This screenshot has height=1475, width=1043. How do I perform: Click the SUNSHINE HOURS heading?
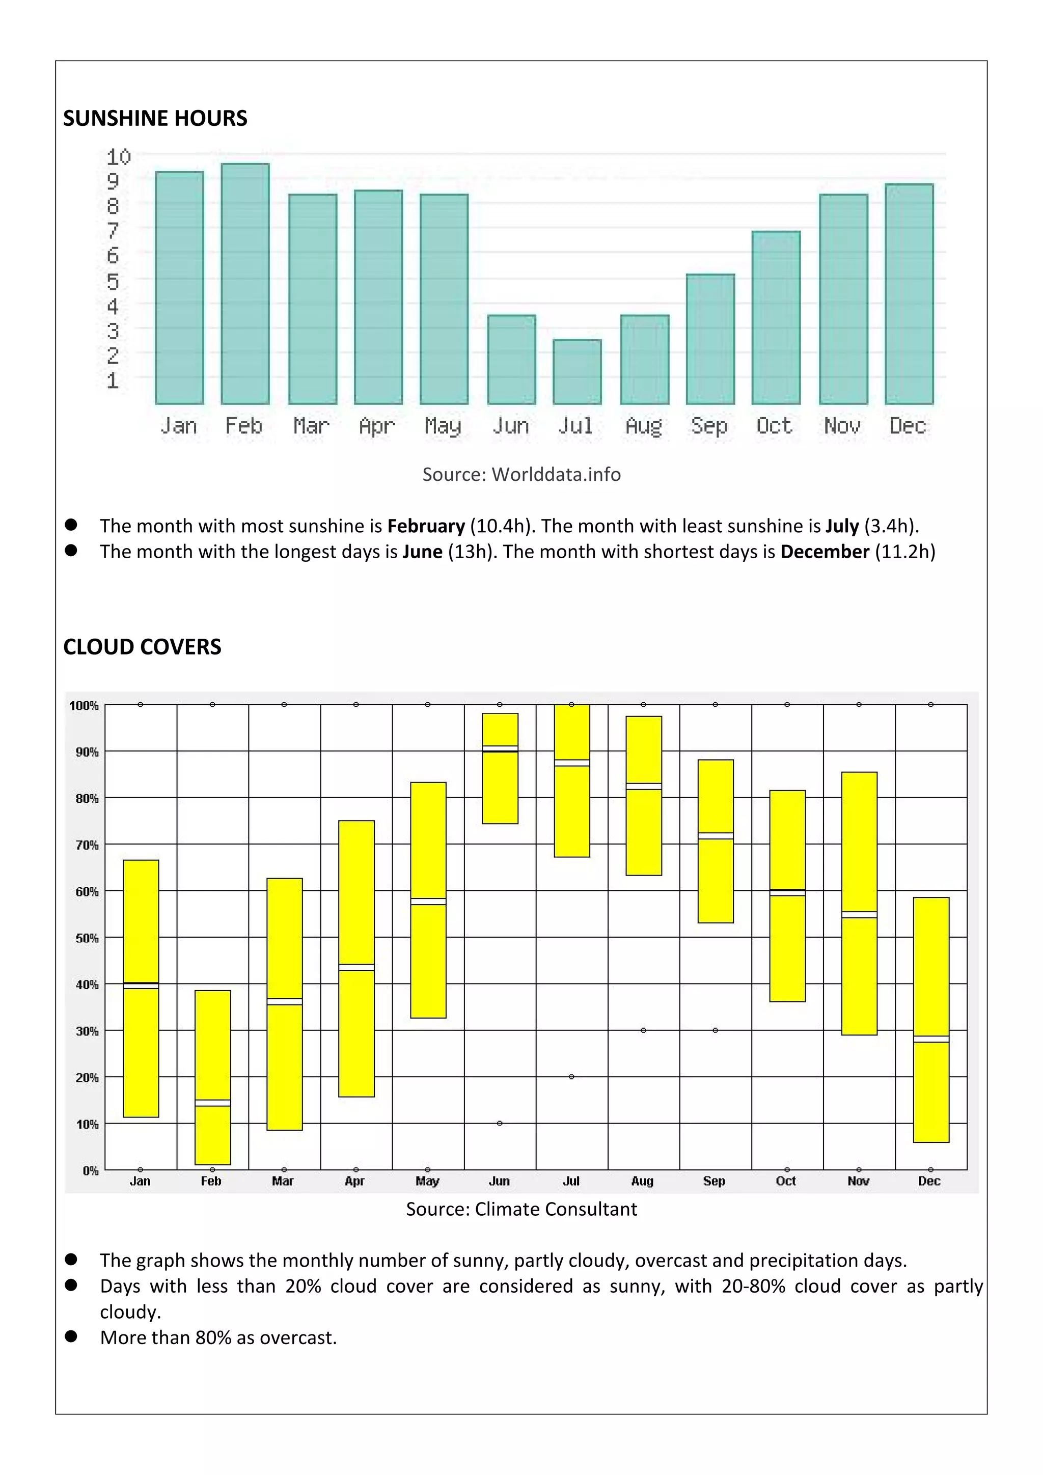tap(155, 118)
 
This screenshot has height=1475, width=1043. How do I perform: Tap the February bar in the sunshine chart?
tap(244, 283)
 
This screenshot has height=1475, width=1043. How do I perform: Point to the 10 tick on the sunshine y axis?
tap(118, 157)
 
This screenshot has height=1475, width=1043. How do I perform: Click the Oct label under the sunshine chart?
tap(774, 426)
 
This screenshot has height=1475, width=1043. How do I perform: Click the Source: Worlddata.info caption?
tap(521, 474)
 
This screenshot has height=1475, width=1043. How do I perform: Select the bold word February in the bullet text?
tap(426, 526)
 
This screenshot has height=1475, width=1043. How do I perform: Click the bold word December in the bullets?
tap(825, 552)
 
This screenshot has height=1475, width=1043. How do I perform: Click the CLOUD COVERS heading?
tap(142, 646)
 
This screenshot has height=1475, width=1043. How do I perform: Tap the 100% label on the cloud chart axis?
tap(84, 705)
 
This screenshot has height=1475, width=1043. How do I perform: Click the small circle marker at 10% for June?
tap(500, 1123)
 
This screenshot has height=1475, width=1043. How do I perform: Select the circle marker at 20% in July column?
tap(571, 1077)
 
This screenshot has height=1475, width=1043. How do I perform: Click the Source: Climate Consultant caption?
tap(521, 1209)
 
